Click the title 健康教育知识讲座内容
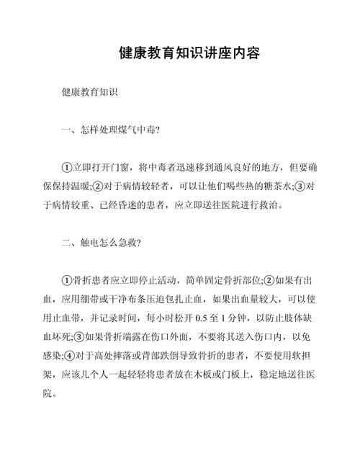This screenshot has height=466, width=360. (x=189, y=53)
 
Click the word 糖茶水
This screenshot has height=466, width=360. (x=267, y=186)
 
